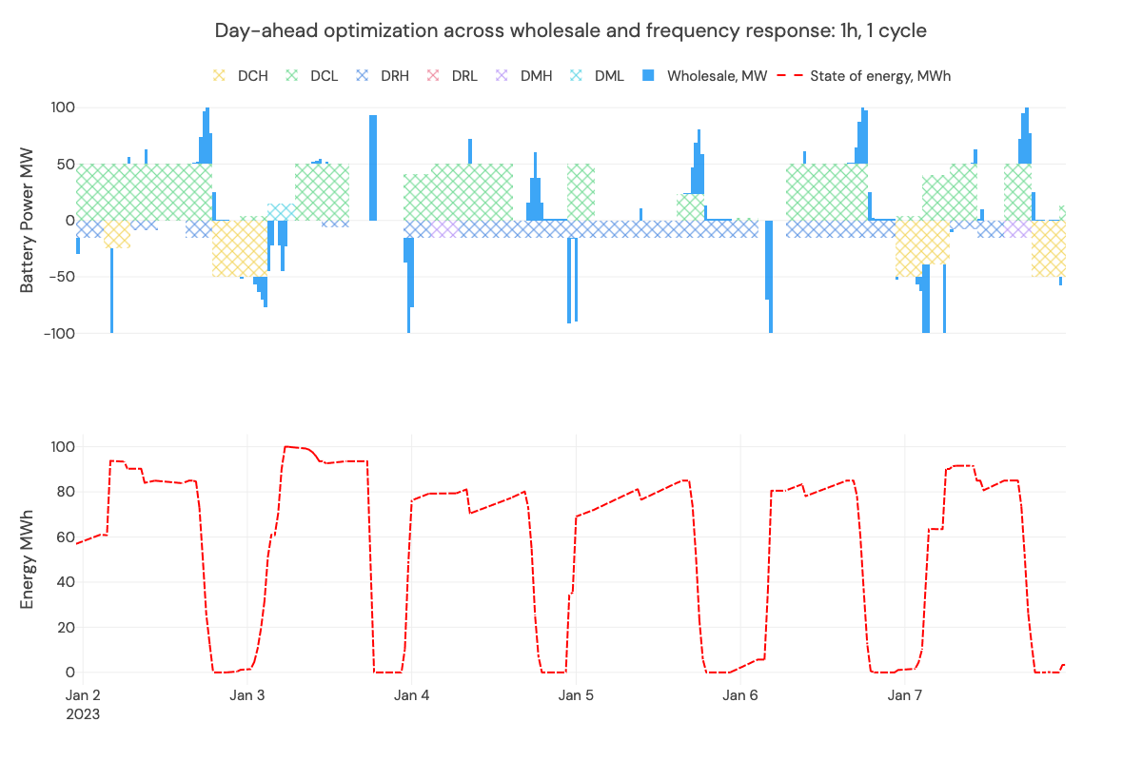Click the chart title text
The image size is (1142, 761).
coord(571,30)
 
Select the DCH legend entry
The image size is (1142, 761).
coord(240,75)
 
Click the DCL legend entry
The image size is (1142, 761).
coord(312,75)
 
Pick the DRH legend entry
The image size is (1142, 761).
coord(382,75)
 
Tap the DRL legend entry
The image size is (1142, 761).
coord(453,75)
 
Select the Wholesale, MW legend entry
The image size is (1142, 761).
coord(705,75)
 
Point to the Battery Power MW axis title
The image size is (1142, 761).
coord(27,220)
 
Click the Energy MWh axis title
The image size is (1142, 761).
coord(27,559)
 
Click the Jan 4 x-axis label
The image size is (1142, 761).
coord(411,695)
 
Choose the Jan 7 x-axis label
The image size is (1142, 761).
coord(904,695)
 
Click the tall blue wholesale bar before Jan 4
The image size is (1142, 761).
coord(373,167)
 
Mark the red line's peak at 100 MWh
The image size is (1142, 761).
coord(285,446)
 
